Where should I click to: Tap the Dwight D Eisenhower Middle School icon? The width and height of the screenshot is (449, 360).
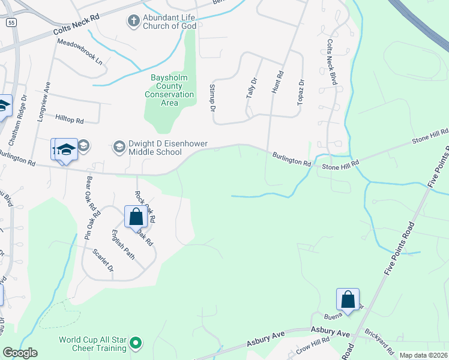point(119,146)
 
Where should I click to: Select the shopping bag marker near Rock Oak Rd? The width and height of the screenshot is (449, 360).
point(136,217)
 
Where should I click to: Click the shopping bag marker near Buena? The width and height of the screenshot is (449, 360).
point(348,299)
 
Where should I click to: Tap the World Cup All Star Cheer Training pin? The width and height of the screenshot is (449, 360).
point(136,344)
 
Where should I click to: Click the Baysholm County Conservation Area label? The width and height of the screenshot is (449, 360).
point(170,90)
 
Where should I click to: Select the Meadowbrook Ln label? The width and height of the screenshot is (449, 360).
point(80,52)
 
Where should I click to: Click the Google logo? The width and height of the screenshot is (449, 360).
point(20,353)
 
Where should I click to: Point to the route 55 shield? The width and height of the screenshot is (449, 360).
point(11,22)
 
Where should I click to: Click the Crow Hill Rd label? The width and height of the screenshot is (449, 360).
point(312,344)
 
